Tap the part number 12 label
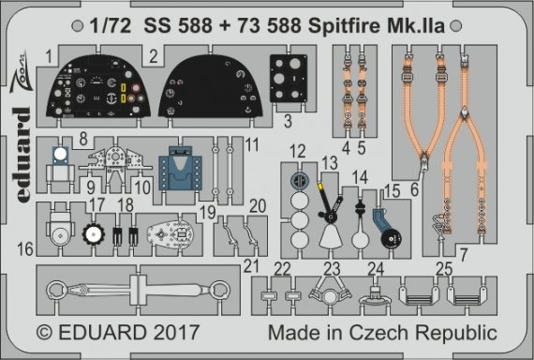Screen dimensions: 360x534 pos(298,152)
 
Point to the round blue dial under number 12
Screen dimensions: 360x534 pos(298,178)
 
